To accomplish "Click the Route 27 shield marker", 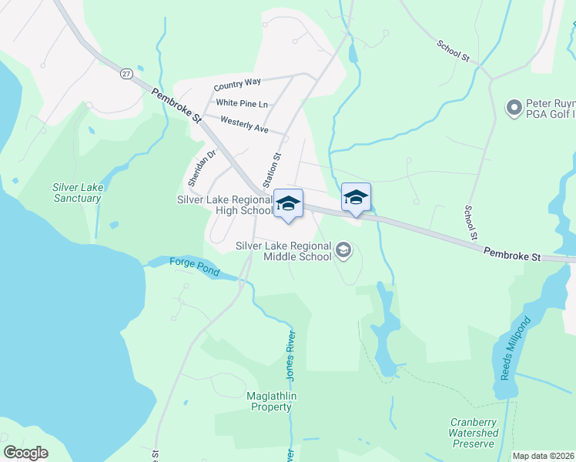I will point(126,73).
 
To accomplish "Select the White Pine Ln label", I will point(242,103).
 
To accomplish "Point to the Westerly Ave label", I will point(244,124).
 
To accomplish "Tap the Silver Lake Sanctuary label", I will point(77,192).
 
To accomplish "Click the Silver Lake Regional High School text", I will point(225,205).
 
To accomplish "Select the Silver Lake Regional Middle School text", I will point(283,251).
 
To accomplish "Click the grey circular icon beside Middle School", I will point(343,249).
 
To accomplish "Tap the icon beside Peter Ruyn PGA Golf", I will point(514,108).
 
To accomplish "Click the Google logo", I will point(25,452).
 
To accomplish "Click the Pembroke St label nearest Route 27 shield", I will point(176,106).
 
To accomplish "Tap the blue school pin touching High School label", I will point(289,204).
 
